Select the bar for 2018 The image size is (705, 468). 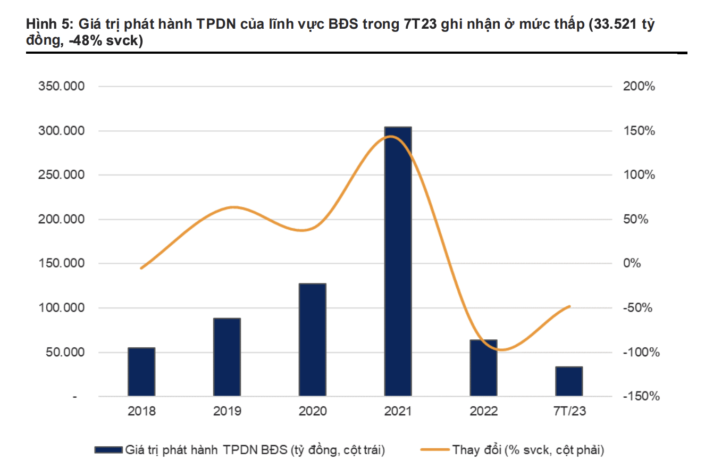(141, 372)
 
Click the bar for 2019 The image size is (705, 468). (227, 357)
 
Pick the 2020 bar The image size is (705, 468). (312, 340)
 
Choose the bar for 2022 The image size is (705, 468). (483, 368)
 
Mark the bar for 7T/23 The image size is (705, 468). (569, 381)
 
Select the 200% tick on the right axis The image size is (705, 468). (638, 87)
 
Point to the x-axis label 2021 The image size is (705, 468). (398, 412)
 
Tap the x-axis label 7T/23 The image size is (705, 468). (569, 412)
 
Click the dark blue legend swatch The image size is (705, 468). (108, 450)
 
